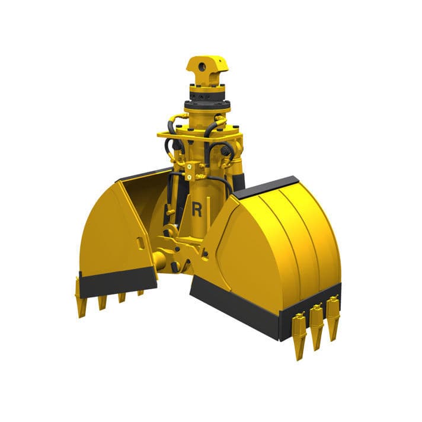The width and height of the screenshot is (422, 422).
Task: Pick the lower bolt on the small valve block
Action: click(x=188, y=177)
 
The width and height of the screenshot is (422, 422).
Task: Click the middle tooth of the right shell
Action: click(x=317, y=326)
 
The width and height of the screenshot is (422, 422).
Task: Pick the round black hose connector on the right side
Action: click(x=226, y=152)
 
